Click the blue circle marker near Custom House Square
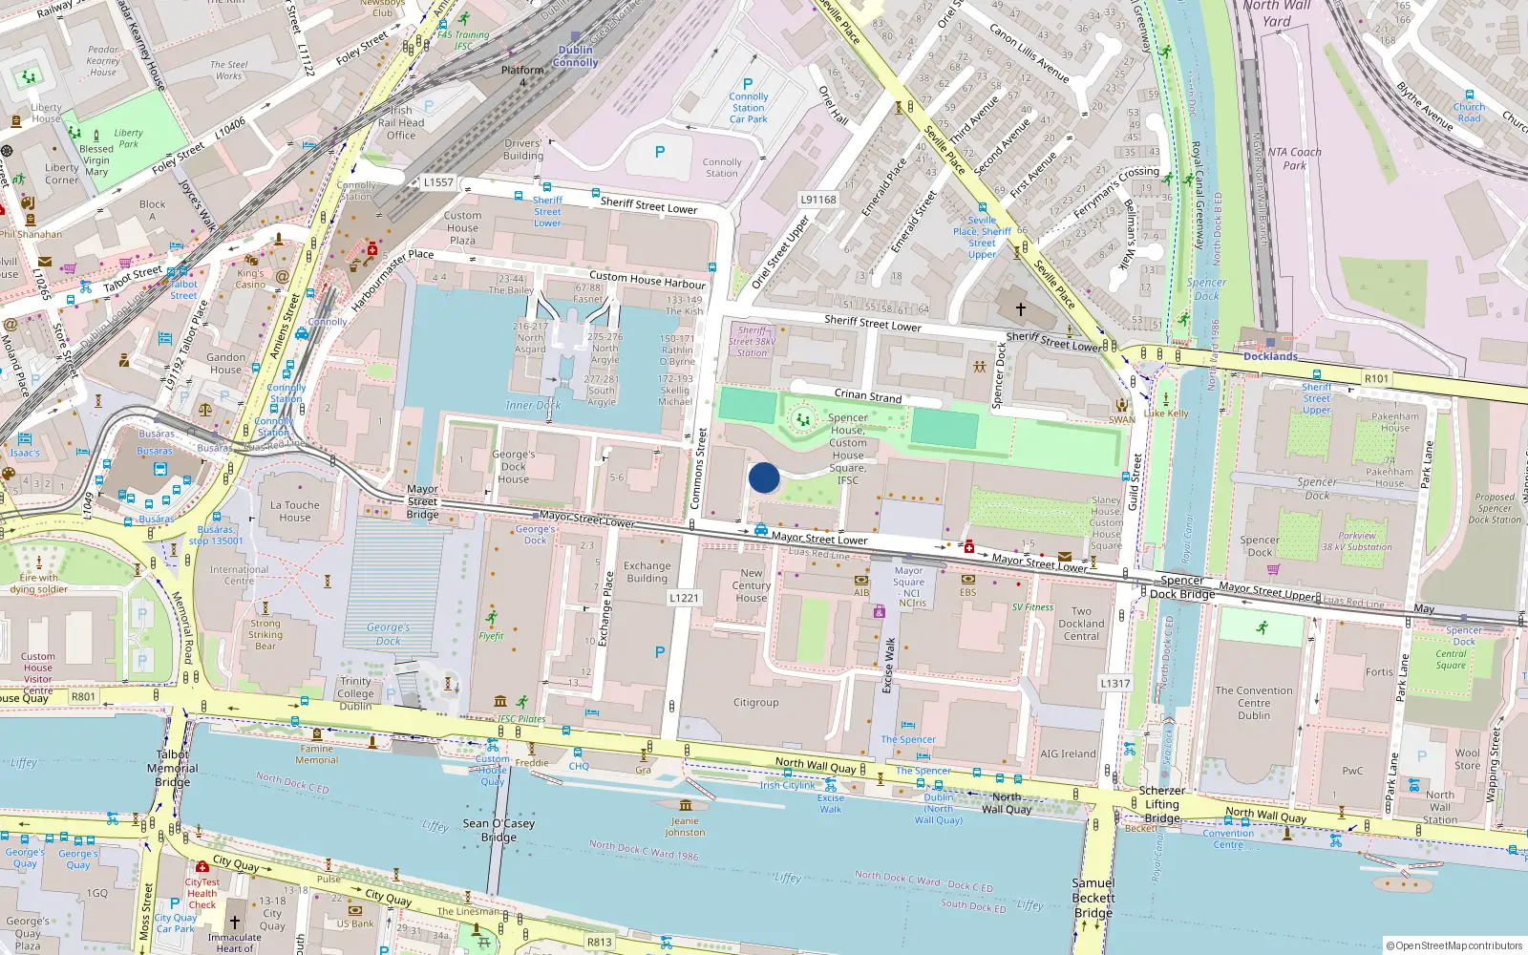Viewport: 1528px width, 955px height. [764, 477]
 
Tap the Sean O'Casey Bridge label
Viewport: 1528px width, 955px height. [498, 830]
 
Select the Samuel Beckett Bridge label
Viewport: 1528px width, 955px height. [1093, 898]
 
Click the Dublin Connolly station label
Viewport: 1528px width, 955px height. [575, 56]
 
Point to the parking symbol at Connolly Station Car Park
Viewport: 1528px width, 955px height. [748, 84]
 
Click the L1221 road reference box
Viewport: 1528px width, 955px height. [684, 598]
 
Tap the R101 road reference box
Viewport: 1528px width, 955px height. [1376, 379]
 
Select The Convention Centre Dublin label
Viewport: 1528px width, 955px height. [1254, 703]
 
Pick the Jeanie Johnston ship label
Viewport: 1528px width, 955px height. [685, 826]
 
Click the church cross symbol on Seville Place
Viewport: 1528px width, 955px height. [1020, 309]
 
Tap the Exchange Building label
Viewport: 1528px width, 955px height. [647, 572]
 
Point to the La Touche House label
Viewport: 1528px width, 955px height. [295, 511]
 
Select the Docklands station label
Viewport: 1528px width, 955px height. [1270, 356]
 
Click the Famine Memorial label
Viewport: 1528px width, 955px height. [317, 754]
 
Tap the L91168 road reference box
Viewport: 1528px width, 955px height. [817, 200]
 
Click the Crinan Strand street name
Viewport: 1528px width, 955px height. [867, 395]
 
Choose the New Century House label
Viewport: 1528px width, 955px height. [752, 585]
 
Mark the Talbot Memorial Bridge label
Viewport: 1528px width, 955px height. [173, 768]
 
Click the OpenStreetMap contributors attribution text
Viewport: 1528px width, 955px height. [1454, 945]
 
